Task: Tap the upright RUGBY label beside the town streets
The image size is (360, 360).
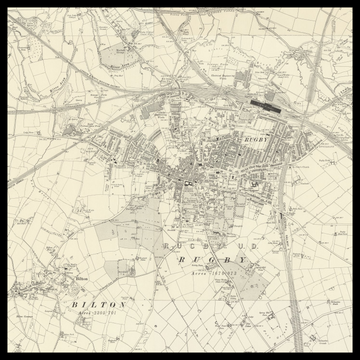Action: [256, 139]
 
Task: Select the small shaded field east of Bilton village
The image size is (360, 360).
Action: [126, 268]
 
